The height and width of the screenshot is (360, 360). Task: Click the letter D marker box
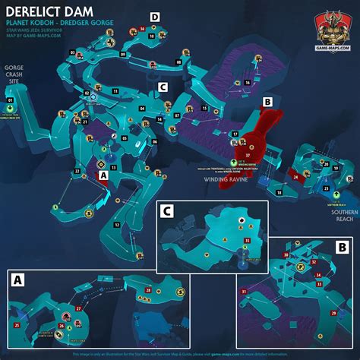pos(155,16)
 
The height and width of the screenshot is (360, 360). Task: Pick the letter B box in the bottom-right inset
pos(341,247)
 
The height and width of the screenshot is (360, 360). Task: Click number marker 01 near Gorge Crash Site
pos(11,99)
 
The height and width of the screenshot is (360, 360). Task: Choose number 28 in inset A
pos(147,290)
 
